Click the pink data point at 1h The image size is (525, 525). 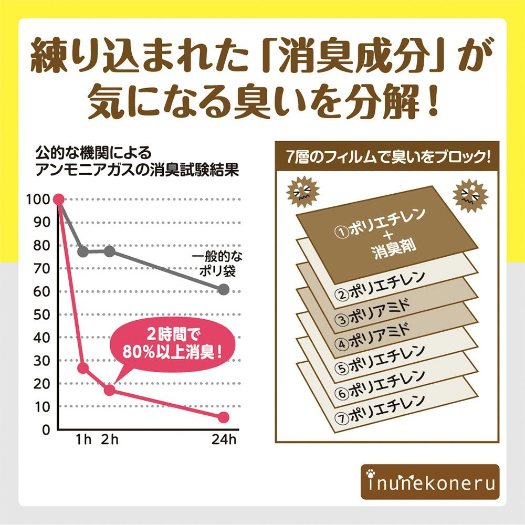[x=83, y=368]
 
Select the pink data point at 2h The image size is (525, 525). [x=109, y=390]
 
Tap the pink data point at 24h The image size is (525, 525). [x=224, y=417]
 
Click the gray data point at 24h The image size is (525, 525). [x=224, y=289]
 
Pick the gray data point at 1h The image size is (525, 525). [x=83, y=251]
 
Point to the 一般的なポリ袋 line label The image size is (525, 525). [x=217, y=265]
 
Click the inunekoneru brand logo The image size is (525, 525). [x=430, y=481]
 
